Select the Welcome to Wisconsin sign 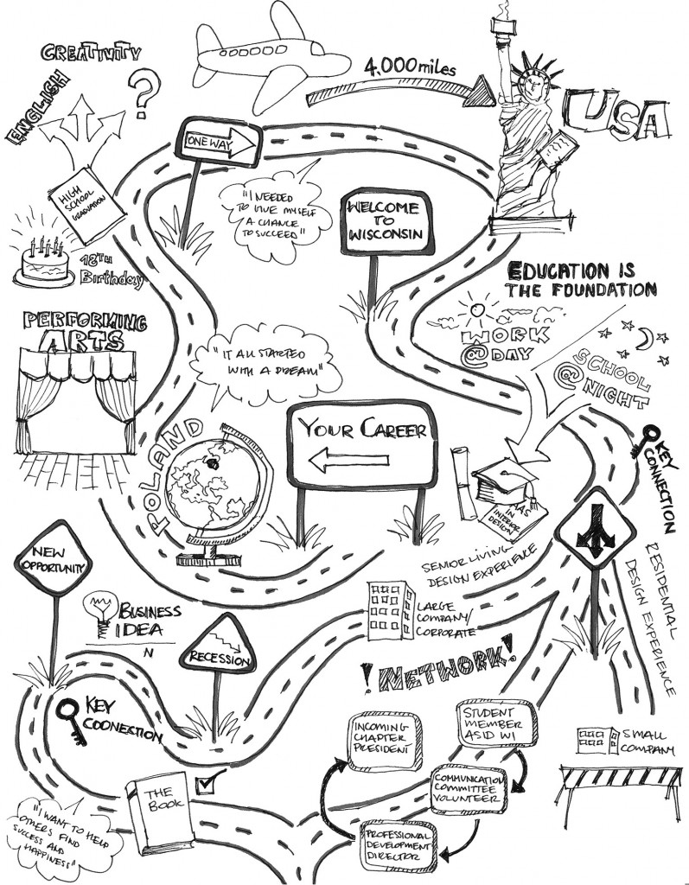tap(382, 220)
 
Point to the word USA tap(615, 119)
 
